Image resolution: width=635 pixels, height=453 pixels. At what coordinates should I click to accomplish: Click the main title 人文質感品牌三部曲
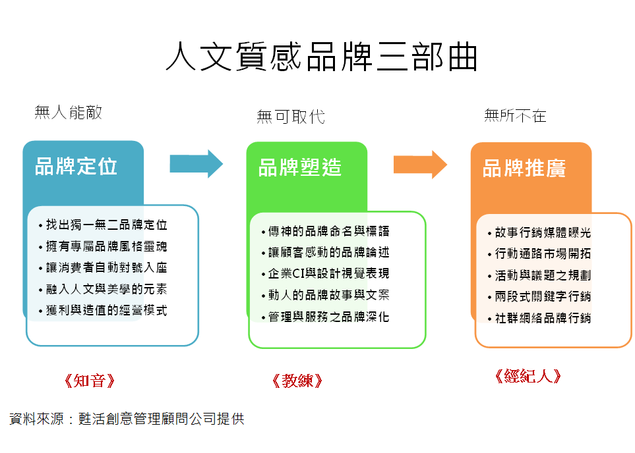pyautogui.click(x=322, y=57)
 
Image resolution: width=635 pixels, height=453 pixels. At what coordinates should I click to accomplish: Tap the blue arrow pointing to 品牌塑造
pyautogui.click(x=197, y=164)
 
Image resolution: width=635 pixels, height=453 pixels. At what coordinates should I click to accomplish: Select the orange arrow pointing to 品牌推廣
pyautogui.click(x=420, y=165)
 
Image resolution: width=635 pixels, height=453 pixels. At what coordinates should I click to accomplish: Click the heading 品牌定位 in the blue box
pyautogui.click(x=76, y=166)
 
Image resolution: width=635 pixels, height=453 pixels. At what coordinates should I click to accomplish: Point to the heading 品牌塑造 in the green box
pyautogui.click(x=300, y=167)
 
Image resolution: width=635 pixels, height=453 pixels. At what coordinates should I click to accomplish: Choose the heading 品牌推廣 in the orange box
pyautogui.click(x=524, y=169)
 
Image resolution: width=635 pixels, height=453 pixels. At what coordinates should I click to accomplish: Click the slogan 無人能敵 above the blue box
pyautogui.click(x=68, y=112)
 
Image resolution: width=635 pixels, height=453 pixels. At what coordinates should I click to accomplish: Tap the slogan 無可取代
pyautogui.click(x=291, y=117)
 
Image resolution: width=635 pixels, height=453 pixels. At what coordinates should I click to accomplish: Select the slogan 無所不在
pyautogui.click(x=515, y=116)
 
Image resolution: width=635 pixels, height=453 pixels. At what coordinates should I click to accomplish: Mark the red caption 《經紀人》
pyautogui.click(x=528, y=376)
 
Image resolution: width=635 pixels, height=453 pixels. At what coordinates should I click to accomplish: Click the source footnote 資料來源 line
pyautogui.click(x=127, y=419)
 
